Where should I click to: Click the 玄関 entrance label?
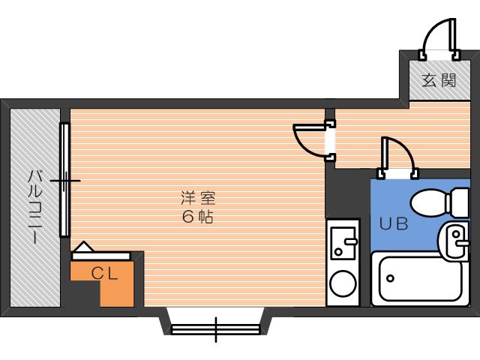pos(439,80)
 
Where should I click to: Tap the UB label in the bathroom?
pos(393,223)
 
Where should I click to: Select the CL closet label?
pos(104,274)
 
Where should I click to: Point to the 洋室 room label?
pos(198,199)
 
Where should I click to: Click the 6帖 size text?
pos(198,217)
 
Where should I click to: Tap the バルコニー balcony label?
pos(34,206)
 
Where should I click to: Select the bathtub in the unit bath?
pos(417,278)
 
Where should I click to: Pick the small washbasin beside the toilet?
pos(456,240)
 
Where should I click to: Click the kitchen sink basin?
pos(343,239)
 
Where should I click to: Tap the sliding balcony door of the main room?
pos(65,180)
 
